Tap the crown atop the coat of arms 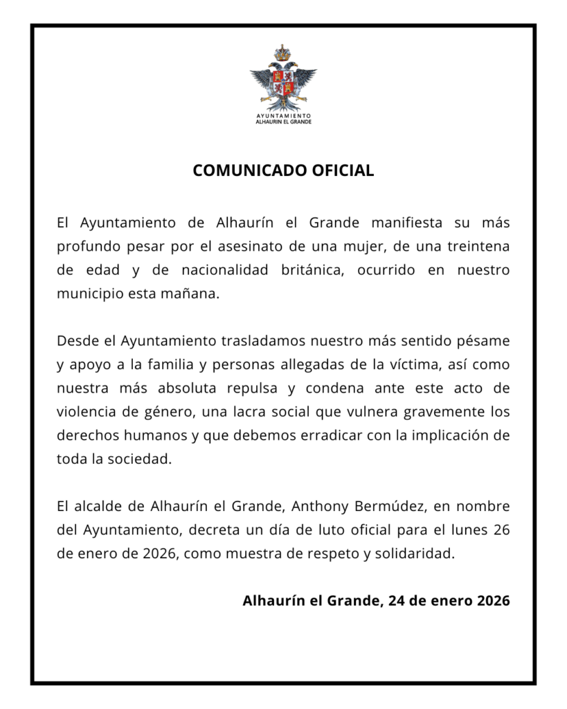pyautogui.click(x=282, y=52)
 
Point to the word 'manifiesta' pyautogui.click(x=408, y=223)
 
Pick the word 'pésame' pyautogui.click(x=485, y=341)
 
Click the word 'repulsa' pyautogui.click(x=258, y=388)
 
